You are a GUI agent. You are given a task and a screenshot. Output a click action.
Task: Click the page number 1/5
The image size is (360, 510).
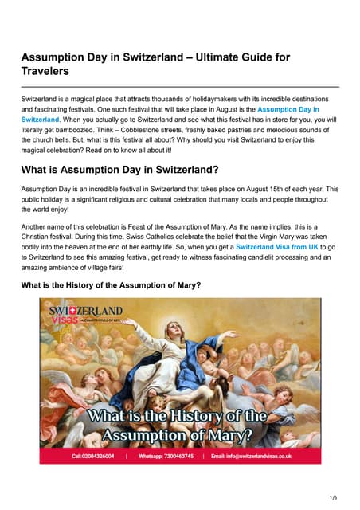pos(333,497)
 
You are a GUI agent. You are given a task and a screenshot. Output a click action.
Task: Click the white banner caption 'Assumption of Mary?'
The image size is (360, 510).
pos(180,437)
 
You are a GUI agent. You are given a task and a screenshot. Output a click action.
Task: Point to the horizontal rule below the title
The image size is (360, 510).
pos(180,86)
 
